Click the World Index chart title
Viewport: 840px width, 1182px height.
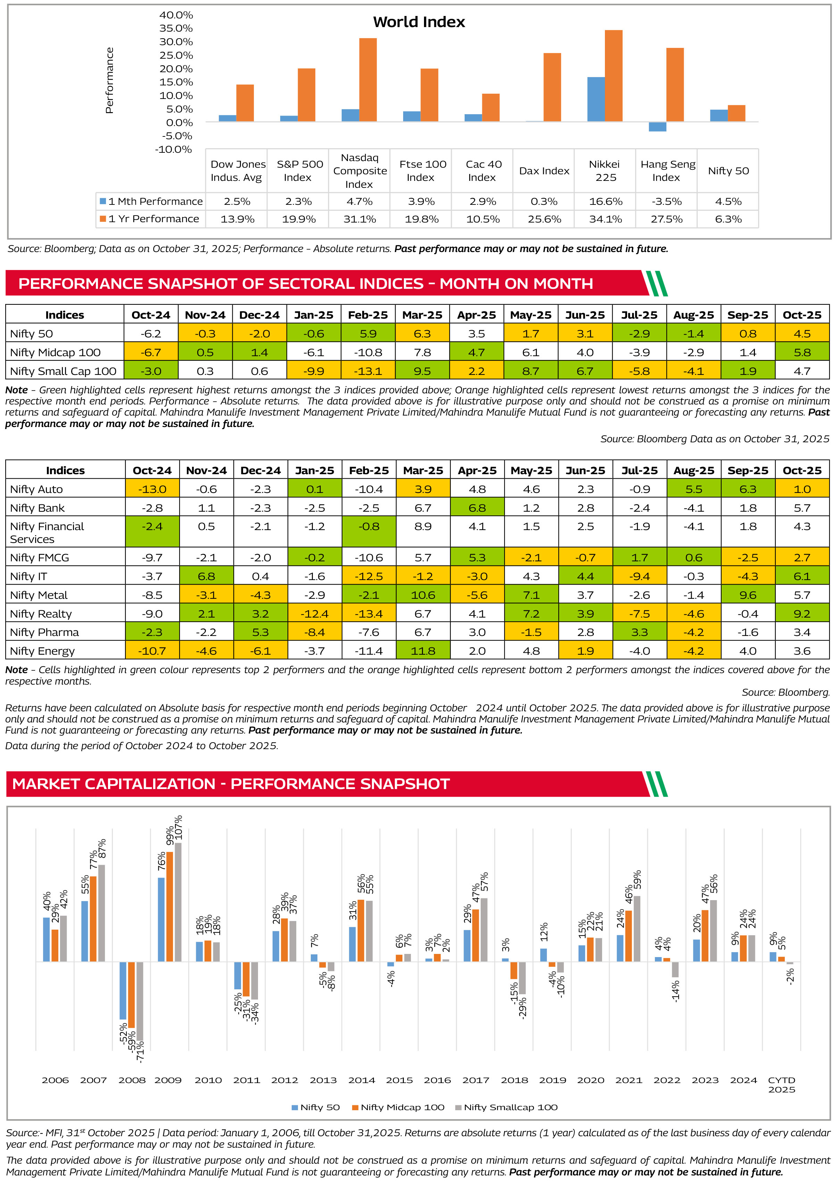click(x=419, y=22)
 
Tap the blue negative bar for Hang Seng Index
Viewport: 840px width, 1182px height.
click(x=657, y=127)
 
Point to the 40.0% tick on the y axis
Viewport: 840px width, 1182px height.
click(x=176, y=15)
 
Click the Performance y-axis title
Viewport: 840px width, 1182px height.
click(x=109, y=80)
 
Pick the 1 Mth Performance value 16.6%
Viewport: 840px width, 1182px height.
click(x=606, y=202)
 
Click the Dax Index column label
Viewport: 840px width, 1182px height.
click(x=544, y=171)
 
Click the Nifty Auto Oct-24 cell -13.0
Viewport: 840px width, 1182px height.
click(x=152, y=489)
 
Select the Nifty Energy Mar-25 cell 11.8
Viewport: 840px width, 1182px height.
click(x=423, y=651)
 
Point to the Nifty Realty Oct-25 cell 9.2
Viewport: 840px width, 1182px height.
click(x=802, y=614)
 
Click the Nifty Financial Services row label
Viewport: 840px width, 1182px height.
click(x=47, y=533)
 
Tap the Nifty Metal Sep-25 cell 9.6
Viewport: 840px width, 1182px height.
click(x=748, y=595)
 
